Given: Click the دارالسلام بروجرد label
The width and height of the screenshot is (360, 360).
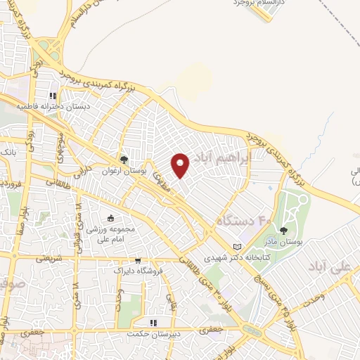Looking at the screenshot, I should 258,4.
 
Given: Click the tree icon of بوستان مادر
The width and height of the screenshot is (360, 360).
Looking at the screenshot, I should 284,230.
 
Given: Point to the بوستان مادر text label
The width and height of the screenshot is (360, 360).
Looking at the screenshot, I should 285,241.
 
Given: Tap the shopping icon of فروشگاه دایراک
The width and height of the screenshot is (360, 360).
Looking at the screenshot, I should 138,259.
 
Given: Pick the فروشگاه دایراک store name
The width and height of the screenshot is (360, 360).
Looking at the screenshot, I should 138,270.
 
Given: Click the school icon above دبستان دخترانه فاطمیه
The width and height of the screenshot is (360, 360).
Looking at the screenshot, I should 53,96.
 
